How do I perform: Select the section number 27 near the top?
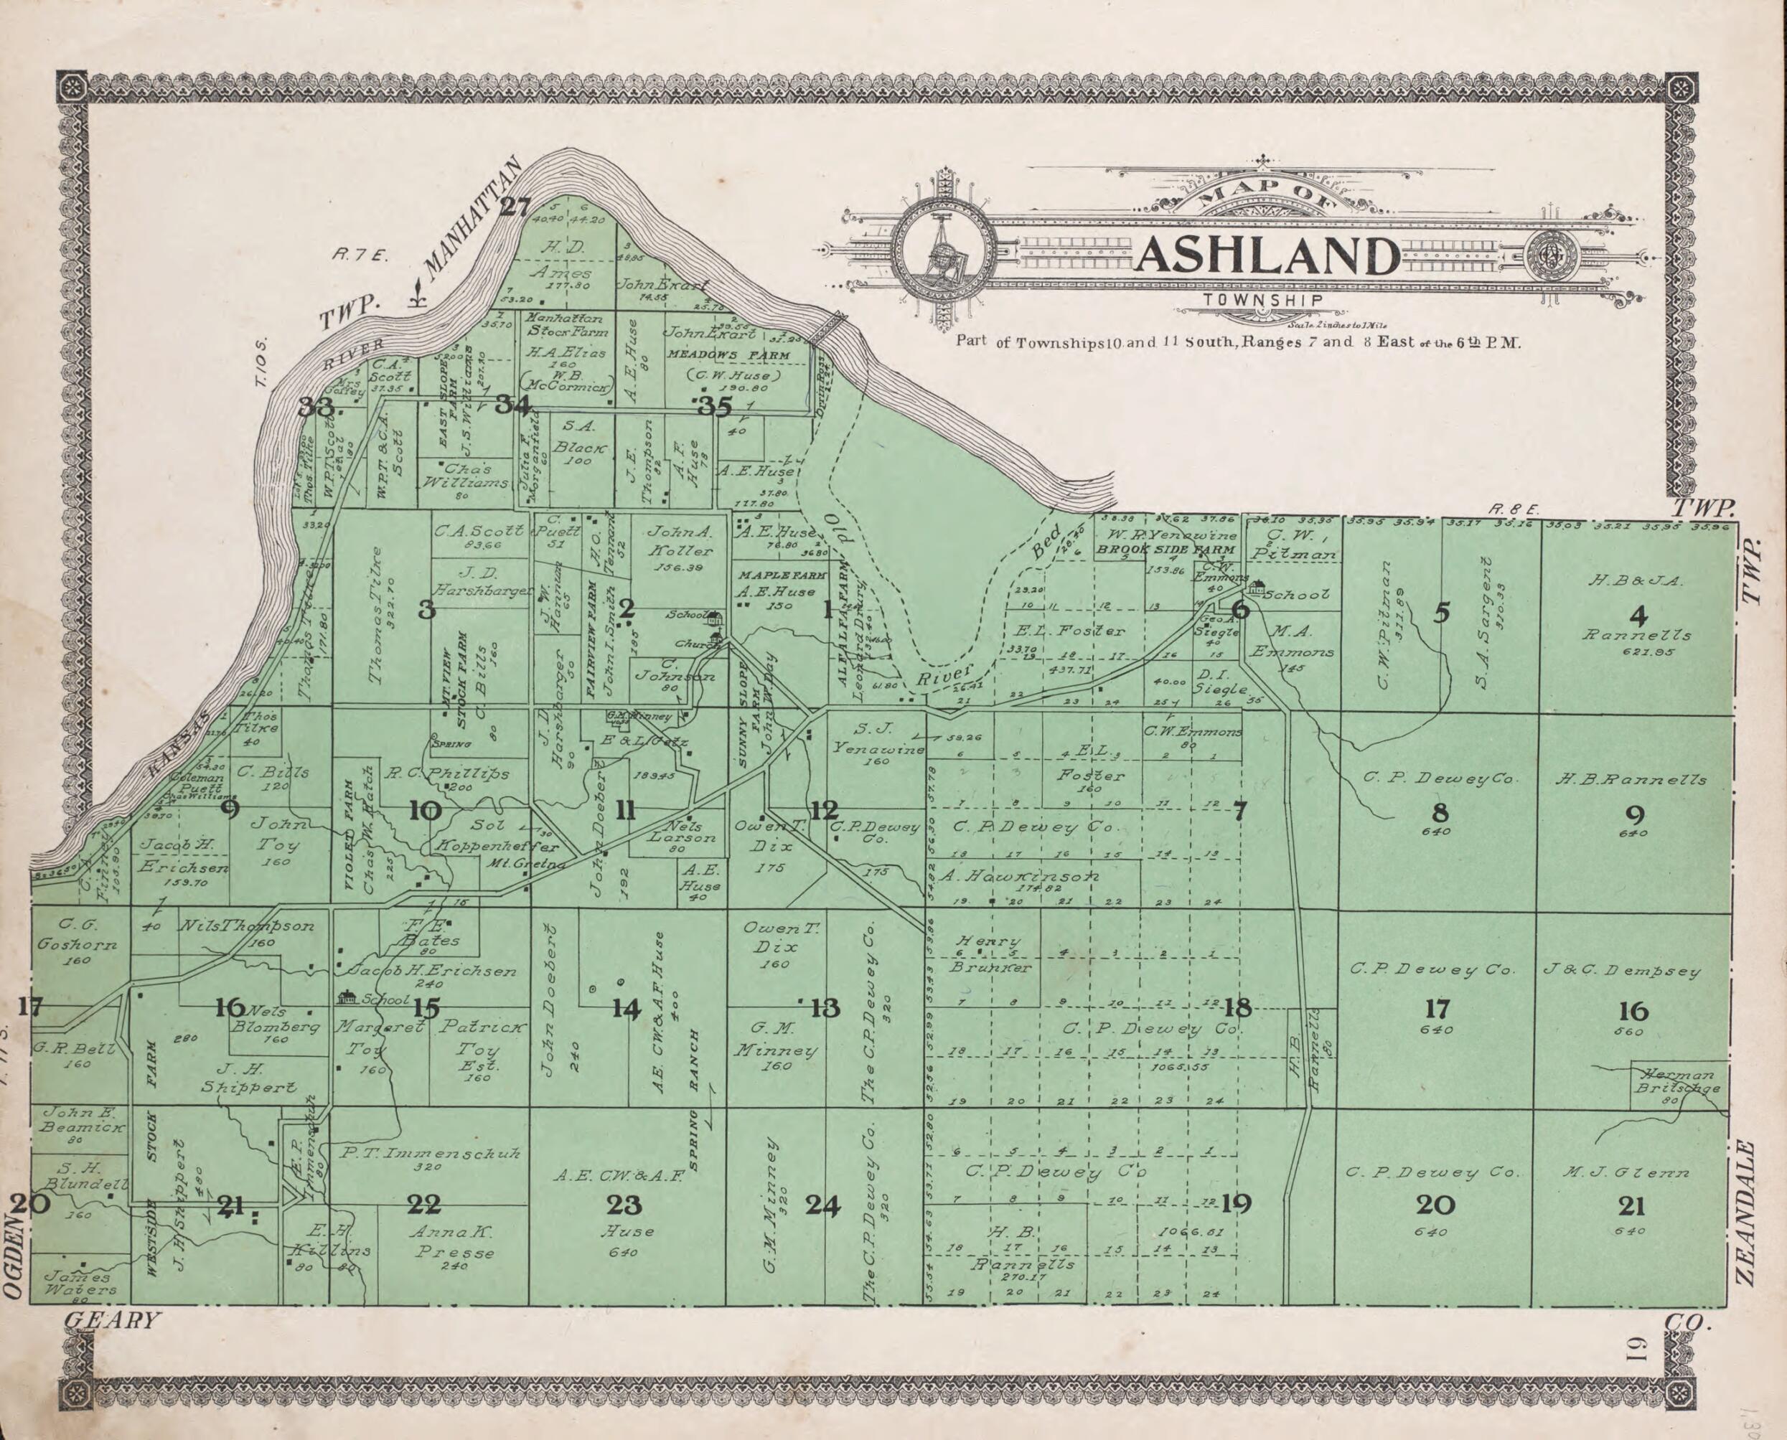tap(514, 207)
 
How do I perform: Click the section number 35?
tap(714, 406)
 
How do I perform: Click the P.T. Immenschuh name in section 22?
tap(431, 1153)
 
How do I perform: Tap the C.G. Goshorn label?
tap(78, 934)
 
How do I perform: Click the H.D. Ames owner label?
tap(563, 260)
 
